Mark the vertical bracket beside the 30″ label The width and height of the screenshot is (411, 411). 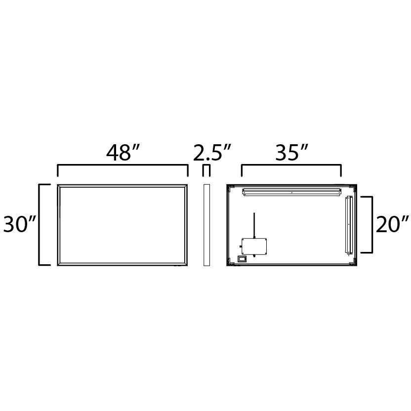click(x=40, y=225)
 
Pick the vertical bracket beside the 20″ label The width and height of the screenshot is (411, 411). click(x=370, y=225)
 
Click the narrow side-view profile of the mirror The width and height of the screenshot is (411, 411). click(x=206, y=225)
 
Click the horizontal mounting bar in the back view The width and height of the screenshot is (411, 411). click(x=291, y=192)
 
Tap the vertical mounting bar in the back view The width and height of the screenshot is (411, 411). click(x=349, y=225)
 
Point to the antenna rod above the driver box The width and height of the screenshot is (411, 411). click(x=254, y=225)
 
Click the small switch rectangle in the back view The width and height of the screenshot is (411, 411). click(x=242, y=258)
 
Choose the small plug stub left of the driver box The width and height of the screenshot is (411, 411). click(x=240, y=246)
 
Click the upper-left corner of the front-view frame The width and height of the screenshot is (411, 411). click(x=59, y=186)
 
